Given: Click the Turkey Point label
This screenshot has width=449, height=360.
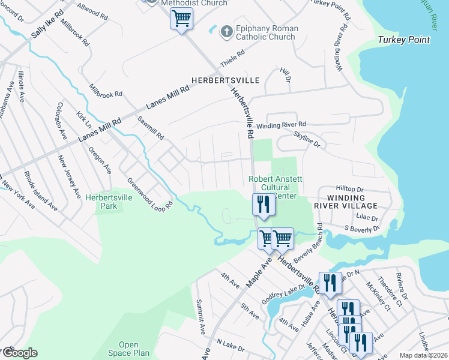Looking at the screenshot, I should click(x=404, y=40).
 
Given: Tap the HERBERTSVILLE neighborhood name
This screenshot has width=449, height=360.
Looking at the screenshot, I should click(x=225, y=80).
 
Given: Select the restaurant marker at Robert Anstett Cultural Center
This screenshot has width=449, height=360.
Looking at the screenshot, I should click(x=263, y=205).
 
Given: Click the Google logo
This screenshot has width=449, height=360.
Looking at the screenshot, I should click(x=19, y=353).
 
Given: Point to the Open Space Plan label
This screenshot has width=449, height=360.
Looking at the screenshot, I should click(x=129, y=349).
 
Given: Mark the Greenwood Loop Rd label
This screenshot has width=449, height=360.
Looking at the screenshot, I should click(x=149, y=193).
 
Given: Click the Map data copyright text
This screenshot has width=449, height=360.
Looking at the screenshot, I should click(x=423, y=355).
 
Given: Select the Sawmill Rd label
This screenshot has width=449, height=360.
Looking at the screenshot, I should click(x=151, y=128).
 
